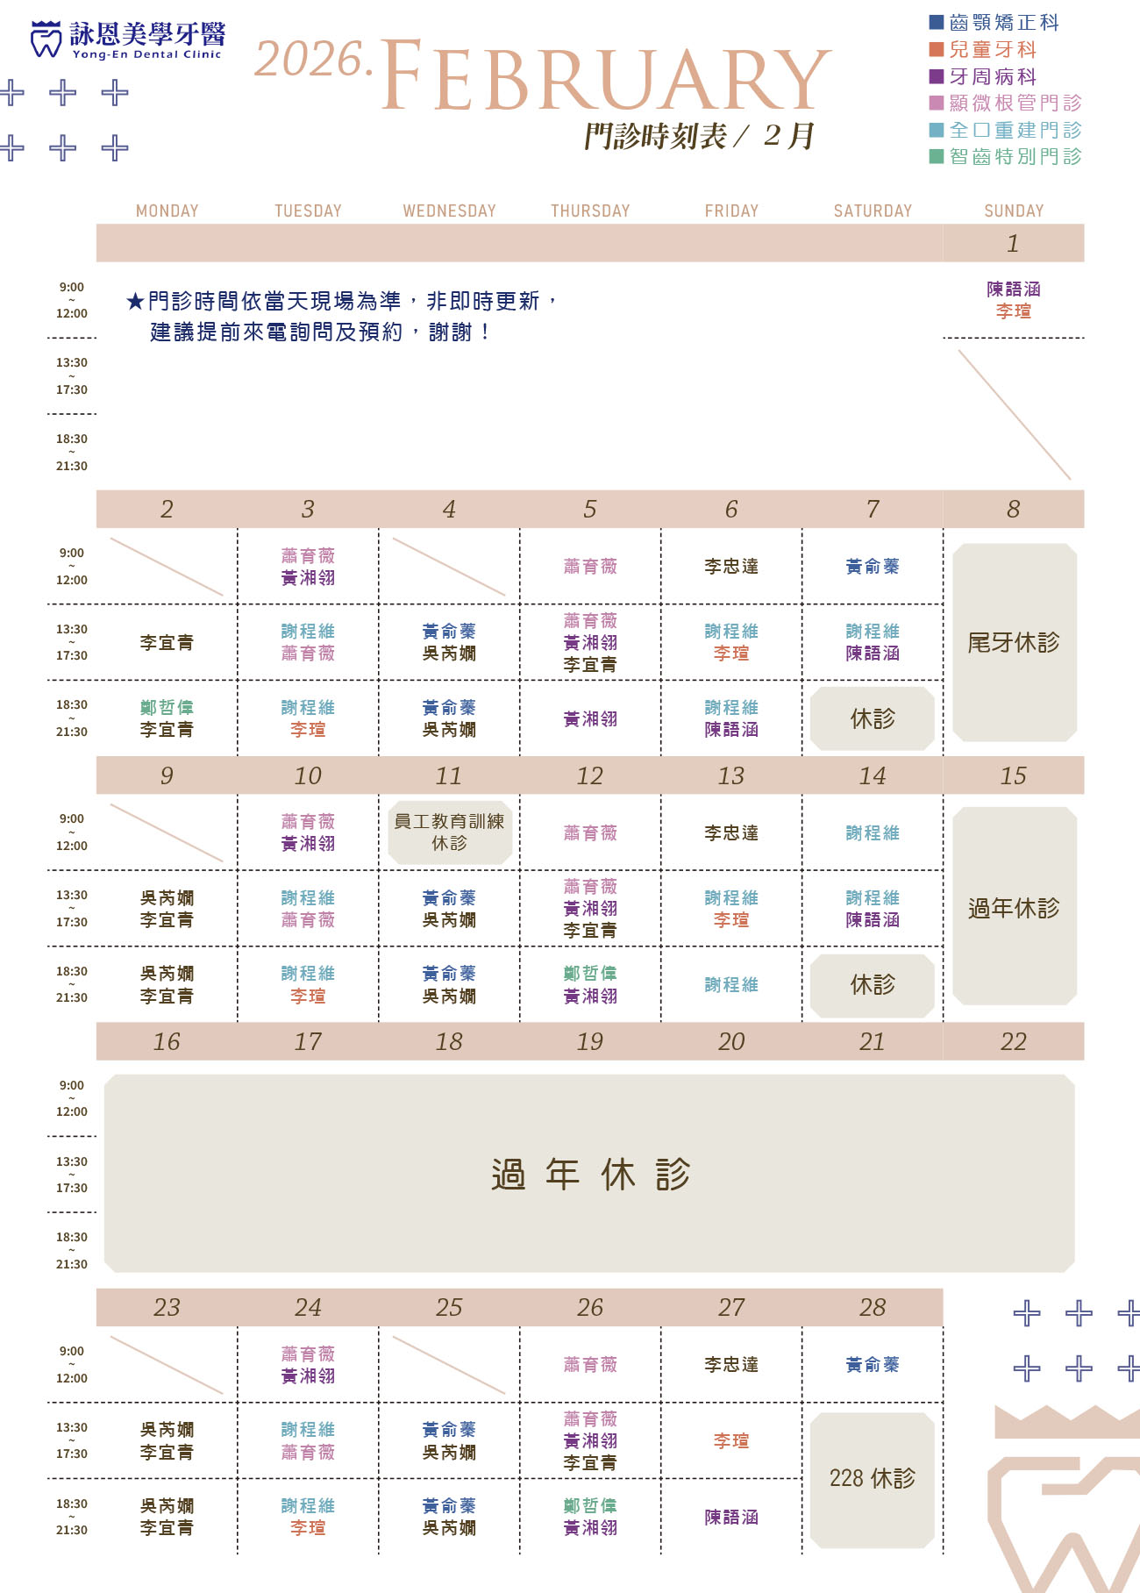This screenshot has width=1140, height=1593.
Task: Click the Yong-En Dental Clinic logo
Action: [x=127, y=39]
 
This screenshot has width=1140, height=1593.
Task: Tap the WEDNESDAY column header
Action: [x=449, y=211]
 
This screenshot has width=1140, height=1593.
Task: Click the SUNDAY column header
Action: [x=1014, y=211]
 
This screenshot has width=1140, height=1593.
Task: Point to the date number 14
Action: [x=872, y=776]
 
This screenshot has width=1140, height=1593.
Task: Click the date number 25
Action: [x=449, y=1308]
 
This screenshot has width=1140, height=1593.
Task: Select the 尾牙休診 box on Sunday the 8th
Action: [x=1014, y=643]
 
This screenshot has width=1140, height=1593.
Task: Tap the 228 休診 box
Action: [x=872, y=1479]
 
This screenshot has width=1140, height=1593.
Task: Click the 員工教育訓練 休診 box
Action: [x=449, y=832]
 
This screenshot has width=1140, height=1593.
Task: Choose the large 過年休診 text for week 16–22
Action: [x=590, y=1175]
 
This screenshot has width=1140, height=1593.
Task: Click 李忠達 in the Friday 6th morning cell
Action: [x=731, y=567]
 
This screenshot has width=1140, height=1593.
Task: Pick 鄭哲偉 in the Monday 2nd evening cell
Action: [x=167, y=708]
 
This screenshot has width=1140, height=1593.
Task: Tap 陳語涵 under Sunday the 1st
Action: [x=1014, y=289]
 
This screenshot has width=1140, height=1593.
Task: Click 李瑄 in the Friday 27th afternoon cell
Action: [x=731, y=1441]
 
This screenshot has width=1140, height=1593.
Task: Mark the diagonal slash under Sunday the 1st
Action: [x=1015, y=415]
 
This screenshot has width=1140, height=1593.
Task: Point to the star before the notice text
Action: [x=135, y=303]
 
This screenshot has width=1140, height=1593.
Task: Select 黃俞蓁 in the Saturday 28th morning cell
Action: [x=872, y=1365]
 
